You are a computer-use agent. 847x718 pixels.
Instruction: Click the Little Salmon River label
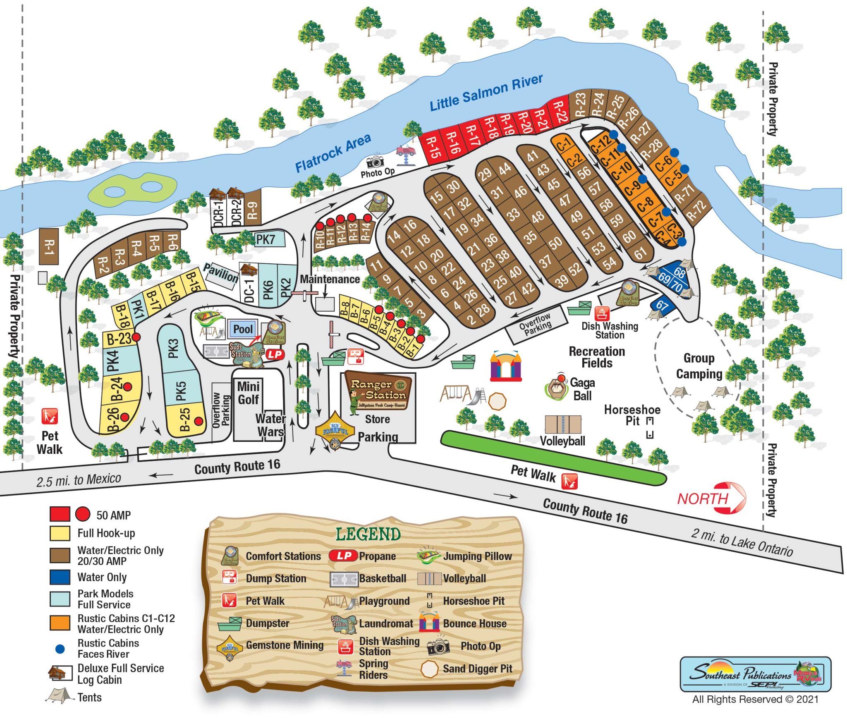(486, 93)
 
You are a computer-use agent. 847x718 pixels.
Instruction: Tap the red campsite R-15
(433, 148)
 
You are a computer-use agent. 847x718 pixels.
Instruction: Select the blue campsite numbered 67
(662, 305)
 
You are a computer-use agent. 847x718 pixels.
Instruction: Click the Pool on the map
(243, 329)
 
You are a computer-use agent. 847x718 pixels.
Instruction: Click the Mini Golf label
(248, 393)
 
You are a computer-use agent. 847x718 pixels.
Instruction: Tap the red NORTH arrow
(711, 498)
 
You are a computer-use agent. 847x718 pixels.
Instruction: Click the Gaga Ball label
(582, 389)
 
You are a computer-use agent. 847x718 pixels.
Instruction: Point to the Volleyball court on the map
(562, 425)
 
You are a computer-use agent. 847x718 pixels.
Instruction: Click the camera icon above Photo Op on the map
(375, 162)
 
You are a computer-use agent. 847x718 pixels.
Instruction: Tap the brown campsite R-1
(49, 246)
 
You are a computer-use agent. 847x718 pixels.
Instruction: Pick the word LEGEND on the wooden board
(368, 534)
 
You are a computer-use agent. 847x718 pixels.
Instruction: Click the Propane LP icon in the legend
(343, 556)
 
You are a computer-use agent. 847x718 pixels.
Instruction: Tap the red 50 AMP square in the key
(60, 514)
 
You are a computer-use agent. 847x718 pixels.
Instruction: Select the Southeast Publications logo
(755, 674)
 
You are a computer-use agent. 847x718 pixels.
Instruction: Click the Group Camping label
(699, 366)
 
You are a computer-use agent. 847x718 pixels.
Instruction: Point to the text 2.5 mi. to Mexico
(79, 480)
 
